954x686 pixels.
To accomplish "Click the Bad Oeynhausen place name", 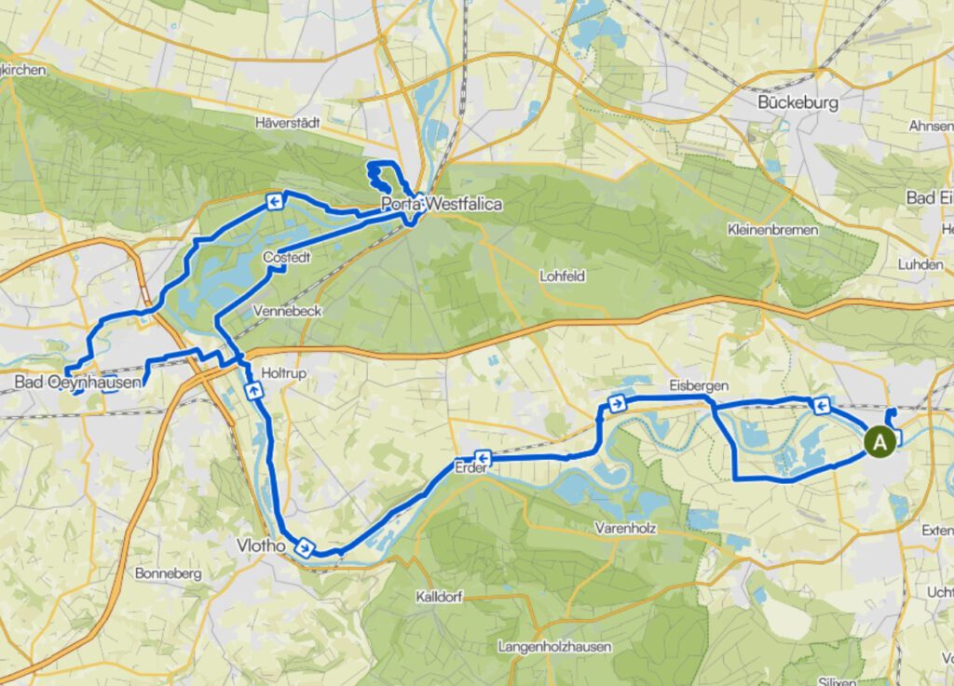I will [x=77, y=382].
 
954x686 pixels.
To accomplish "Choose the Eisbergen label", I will [x=697, y=385].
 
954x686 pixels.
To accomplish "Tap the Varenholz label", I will [x=626, y=528].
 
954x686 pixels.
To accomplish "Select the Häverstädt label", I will [x=287, y=122].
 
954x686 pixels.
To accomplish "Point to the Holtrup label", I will [x=284, y=372].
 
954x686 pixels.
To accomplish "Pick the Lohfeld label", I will [x=563, y=276].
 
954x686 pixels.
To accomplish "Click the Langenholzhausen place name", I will [x=553, y=646].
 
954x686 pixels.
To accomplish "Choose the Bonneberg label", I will [x=168, y=574].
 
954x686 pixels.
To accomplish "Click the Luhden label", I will [x=920, y=264].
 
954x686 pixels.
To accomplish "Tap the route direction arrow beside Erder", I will [x=484, y=456].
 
